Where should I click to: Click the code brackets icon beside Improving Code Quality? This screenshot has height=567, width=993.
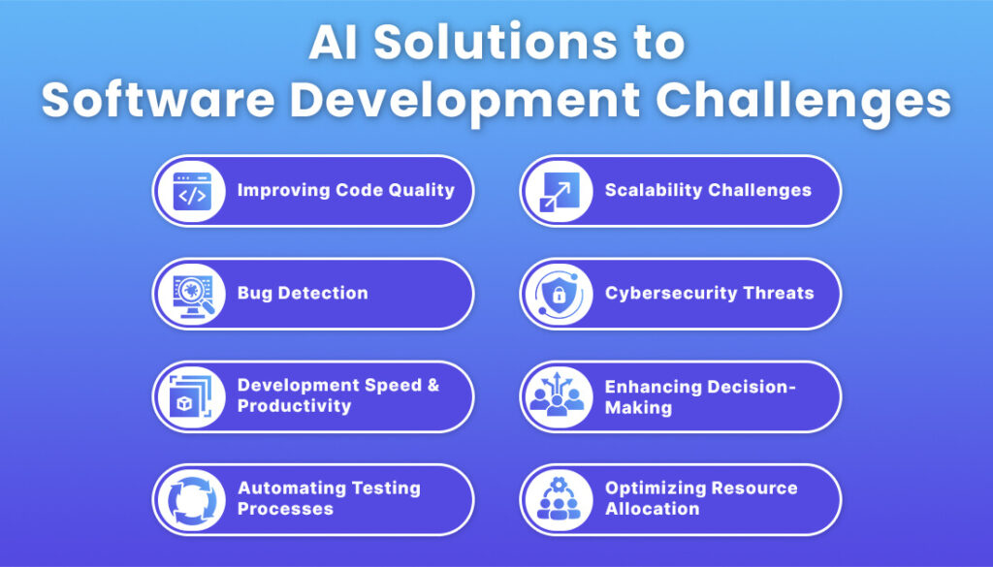point(191,191)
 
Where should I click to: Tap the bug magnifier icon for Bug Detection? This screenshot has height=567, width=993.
point(191,294)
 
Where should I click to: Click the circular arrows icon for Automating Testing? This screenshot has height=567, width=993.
point(191,499)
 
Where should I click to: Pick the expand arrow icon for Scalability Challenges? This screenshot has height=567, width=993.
point(558,191)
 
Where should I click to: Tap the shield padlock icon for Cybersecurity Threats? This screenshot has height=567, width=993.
point(558,294)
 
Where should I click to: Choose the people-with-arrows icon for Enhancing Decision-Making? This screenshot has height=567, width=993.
point(558,396)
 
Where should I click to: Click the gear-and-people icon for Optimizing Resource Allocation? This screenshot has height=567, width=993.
point(558,499)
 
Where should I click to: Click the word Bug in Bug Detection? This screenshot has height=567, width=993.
point(255,294)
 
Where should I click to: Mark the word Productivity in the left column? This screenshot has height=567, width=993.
point(294,406)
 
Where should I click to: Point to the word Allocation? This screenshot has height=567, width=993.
point(652,509)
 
